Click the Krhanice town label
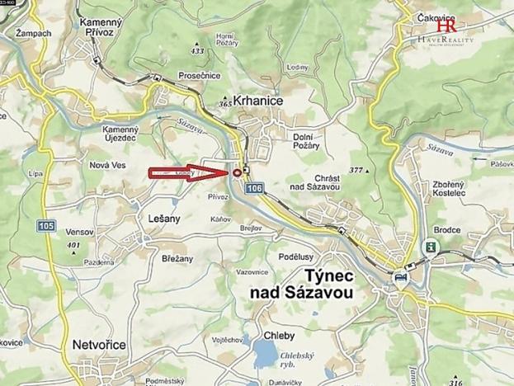[x=257, y=100]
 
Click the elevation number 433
[x=196, y=51]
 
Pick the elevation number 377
[x=356, y=170]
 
